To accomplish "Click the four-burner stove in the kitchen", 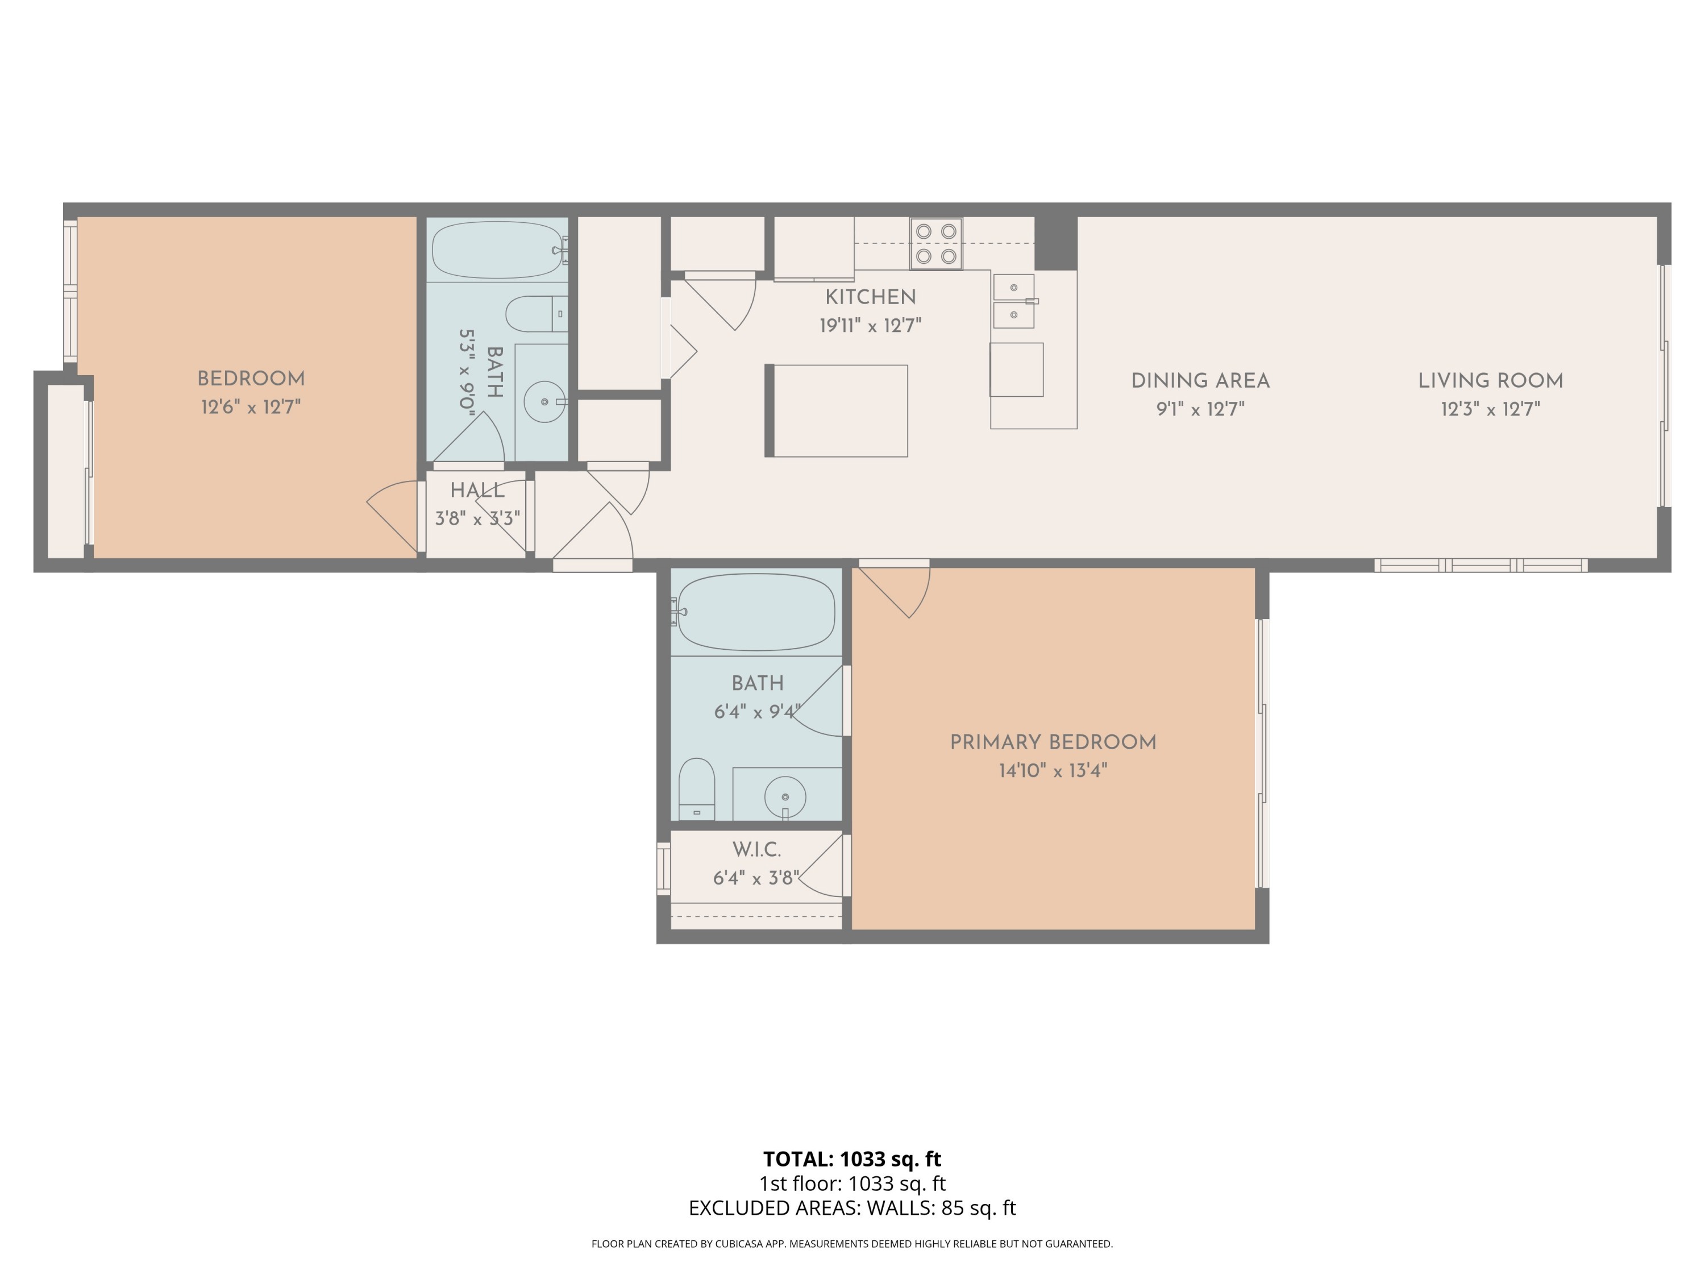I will point(935,244).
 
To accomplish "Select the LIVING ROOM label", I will point(1490,381).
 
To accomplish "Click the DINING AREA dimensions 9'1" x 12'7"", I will point(1200,409).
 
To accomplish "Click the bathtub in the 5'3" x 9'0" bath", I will point(498,250).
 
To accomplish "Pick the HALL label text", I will point(477,491).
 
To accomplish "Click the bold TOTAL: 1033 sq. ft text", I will point(852,1158).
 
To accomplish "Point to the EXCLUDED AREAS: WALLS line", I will point(852,1208).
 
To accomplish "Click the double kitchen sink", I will point(1013,301).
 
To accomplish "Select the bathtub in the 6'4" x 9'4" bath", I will point(756,612).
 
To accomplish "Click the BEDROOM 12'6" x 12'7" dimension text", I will point(251,407).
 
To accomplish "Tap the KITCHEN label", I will point(870,297).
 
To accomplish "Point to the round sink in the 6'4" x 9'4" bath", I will point(785,796).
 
